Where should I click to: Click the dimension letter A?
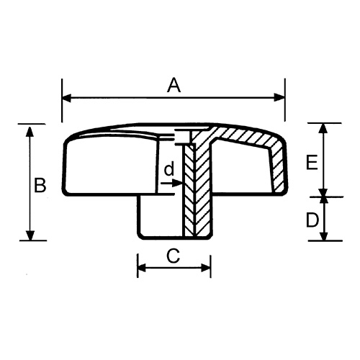coord(173,86)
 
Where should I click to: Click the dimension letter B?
coord(40,185)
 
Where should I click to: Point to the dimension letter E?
coord(311,163)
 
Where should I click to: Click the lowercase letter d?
coord(168,171)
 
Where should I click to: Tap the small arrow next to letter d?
coord(175,184)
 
